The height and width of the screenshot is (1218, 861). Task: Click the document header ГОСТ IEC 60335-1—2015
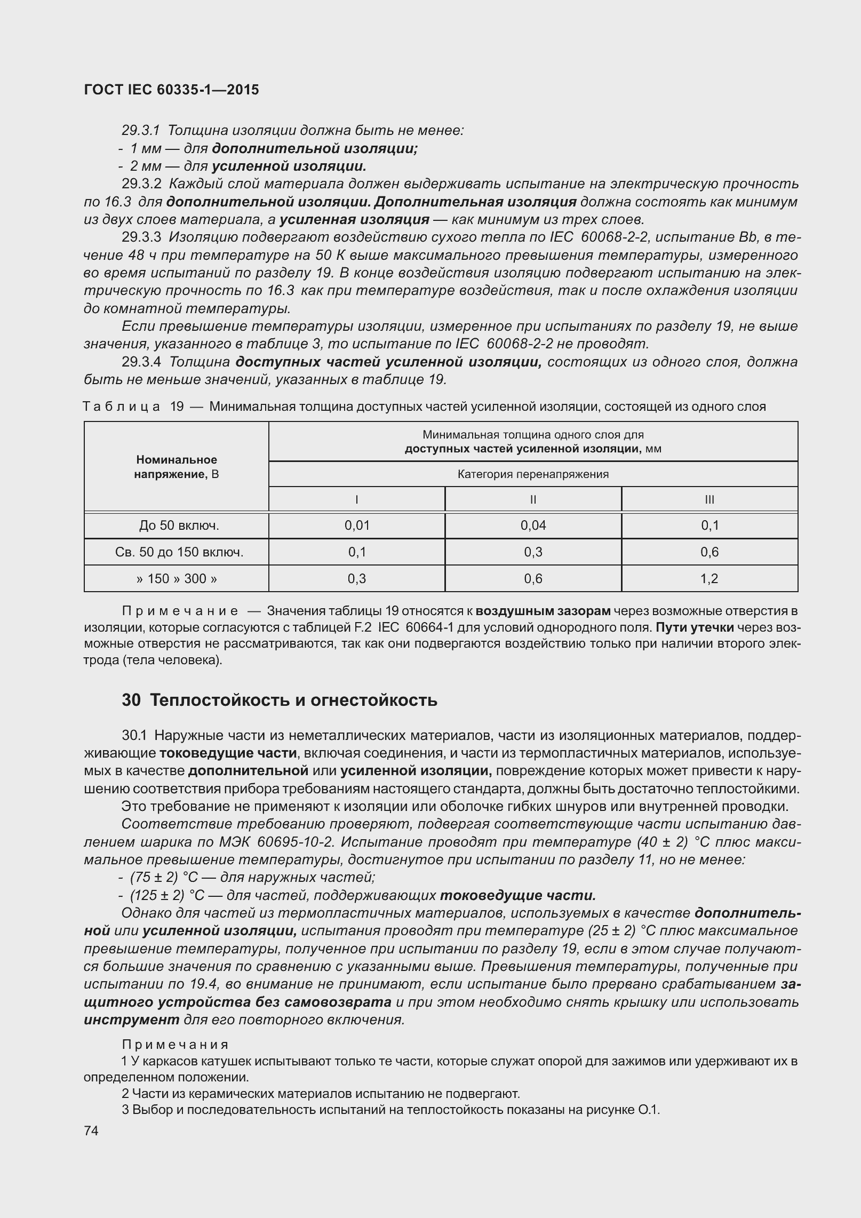[x=171, y=90]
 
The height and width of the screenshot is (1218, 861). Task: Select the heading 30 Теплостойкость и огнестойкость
[x=280, y=700]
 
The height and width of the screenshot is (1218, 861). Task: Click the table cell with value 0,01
[x=357, y=526]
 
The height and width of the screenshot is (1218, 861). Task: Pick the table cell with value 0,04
[x=533, y=526]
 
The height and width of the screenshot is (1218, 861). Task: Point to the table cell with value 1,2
[x=709, y=578]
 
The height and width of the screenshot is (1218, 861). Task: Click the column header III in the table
[x=709, y=499]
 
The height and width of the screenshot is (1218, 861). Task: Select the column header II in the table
[x=533, y=499]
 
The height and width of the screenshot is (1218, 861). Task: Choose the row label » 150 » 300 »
[x=177, y=578]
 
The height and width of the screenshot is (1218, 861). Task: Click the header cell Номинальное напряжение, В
[x=177, y=467]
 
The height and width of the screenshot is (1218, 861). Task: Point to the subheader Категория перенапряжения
[x=533, y=474]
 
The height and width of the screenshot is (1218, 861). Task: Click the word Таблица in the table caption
[x=122, y=407]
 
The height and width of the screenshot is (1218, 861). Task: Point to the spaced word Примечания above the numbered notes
[x=176, y=1044]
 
